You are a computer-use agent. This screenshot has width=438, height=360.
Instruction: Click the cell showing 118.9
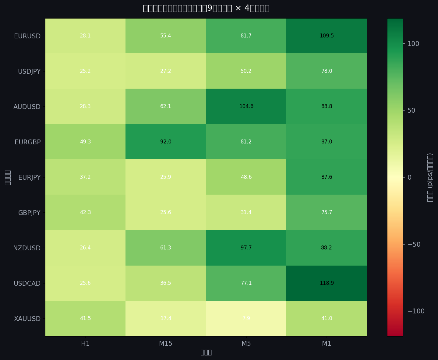click(x=327, y=283)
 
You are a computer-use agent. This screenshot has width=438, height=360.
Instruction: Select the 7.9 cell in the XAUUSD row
click(x=246, y=318)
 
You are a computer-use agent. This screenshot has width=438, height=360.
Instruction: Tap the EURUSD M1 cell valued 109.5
click(x=327, y=36)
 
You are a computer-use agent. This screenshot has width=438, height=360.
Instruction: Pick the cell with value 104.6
click(x=246, y=106)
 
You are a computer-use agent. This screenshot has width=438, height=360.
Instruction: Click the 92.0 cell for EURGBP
click(x=166, y=142)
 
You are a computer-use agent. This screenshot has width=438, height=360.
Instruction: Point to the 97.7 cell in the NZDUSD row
click(x=246, y=248)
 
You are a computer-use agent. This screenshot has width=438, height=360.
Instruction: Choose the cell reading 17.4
click(x=166, y=318)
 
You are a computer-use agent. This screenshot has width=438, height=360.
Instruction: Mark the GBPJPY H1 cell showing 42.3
click(x=85, y=212)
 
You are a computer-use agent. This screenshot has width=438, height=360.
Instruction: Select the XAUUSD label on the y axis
click(x=27, y=319)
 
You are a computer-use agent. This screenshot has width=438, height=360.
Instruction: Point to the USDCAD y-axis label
click(x=27, y=283)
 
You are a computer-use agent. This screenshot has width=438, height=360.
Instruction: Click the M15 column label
click(x=166, y=344)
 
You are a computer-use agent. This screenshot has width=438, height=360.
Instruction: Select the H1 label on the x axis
click(x=85, y=344)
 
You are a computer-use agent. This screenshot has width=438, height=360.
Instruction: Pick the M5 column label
click(x=246, y=344)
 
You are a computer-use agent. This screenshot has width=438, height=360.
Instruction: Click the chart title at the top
click(x=206, y=8)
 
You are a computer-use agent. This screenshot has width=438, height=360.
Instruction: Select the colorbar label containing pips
click(x=430, y=177)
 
